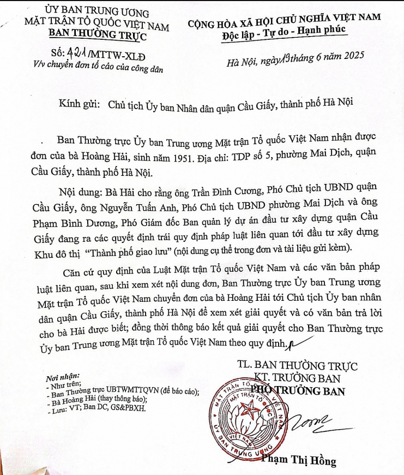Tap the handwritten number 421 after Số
coord(82,54)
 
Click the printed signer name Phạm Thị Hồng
coord(299,461)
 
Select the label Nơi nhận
coord(63,376)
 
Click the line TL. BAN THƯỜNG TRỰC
coord(297,365)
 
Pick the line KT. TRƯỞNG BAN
coord(298,378)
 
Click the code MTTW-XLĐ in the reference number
coord(122,55)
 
